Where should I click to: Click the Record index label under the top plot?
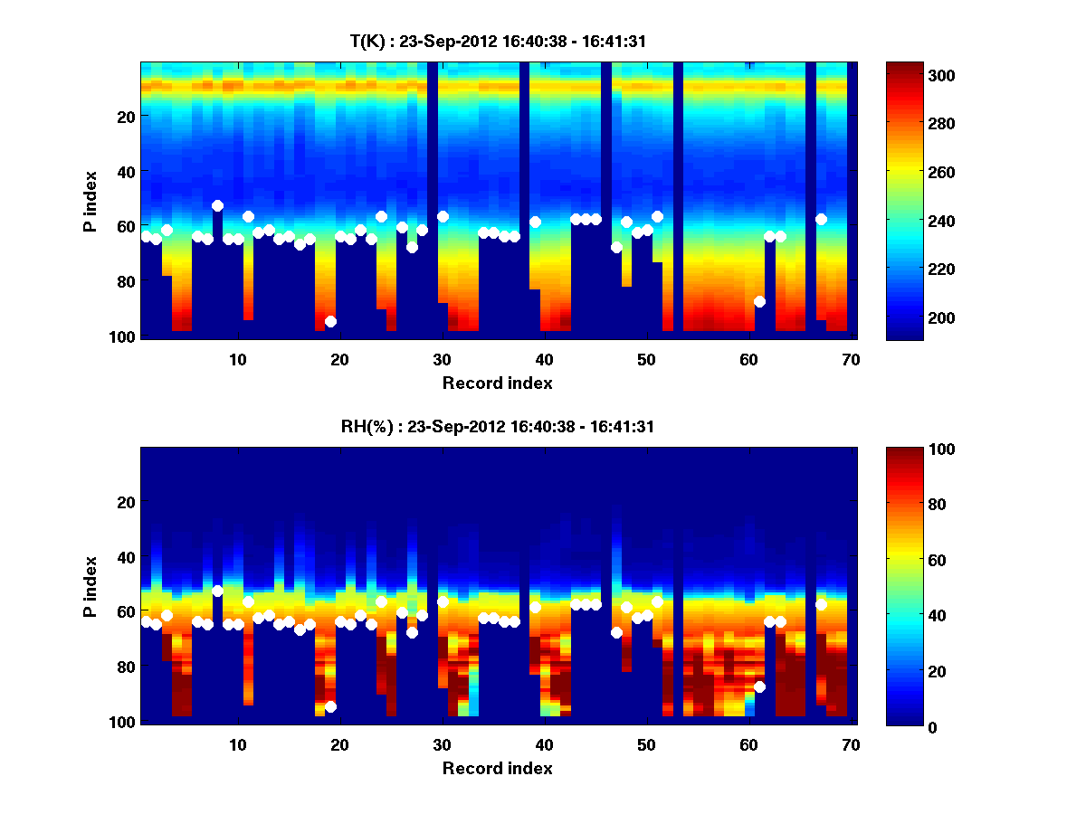(497, 383)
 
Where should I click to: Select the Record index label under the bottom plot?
(497, 768)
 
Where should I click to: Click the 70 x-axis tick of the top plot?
(851, 359)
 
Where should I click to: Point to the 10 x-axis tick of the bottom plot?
(237, 744)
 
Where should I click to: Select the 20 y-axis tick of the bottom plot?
(127, 502)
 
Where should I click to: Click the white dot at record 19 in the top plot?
(330, 321)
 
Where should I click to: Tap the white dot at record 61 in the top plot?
(759, 301)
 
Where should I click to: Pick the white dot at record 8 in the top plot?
(217, 205)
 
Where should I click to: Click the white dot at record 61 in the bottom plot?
(759, 686)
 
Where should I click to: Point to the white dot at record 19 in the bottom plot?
(330, 706)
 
